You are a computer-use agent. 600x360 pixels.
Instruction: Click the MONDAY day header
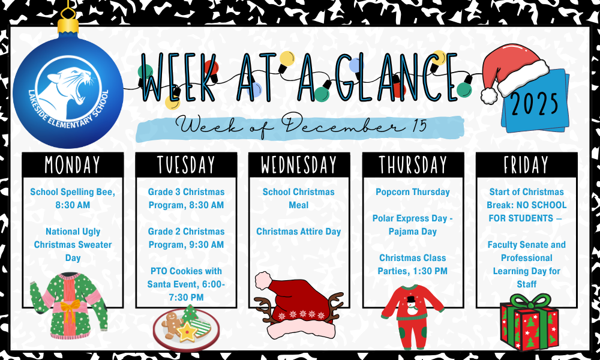[x=73, y=164]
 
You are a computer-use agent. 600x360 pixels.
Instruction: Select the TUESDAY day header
[x=186, y=164]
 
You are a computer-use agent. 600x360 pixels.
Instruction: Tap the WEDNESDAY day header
[x=299, y=164]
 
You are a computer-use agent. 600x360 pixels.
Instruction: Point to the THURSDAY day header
[x=413, y=164]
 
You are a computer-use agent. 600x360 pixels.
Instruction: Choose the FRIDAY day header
[x=526, y=164]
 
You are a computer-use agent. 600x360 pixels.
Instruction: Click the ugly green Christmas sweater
[x=68, y=302]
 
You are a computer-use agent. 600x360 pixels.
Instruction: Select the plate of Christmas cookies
[x=186, y=327]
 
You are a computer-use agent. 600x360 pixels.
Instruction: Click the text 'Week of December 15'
[x=299, y=127]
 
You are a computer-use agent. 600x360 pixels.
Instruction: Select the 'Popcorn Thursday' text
[x=413, y=192]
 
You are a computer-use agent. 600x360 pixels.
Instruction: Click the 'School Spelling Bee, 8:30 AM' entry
[x=73, y=199]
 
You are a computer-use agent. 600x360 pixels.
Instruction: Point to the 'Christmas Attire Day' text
[x=299, y=232]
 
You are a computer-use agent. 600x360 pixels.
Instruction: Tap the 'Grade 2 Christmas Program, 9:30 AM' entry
[x=186, y=238]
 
